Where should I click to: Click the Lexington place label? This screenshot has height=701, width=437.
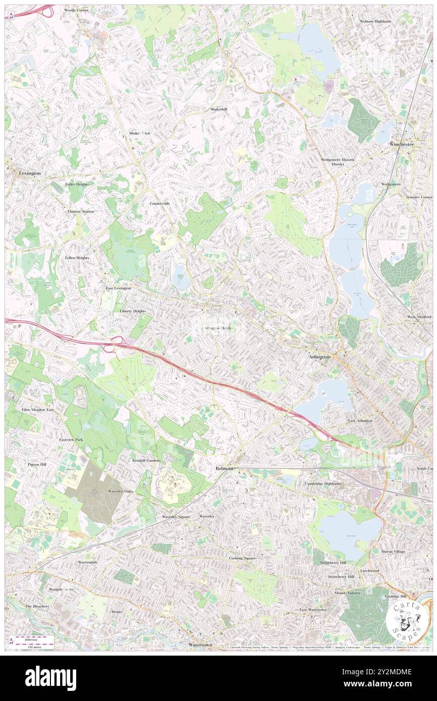[29, 173]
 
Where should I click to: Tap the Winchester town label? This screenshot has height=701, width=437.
[402, 144]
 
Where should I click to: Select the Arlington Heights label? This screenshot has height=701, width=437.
[219, 328]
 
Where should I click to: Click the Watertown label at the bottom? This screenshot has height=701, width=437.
[200, 645]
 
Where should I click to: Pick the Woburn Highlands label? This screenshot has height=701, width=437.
[375, 21]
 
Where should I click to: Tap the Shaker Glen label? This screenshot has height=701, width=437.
[139, 133]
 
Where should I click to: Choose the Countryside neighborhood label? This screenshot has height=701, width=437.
[159, 203]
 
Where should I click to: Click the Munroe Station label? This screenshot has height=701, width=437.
[81, 211]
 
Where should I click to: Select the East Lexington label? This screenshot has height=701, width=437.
[118, 288]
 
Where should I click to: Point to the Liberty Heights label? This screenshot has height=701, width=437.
[133, 311]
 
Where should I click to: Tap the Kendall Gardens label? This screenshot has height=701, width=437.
[146, 460]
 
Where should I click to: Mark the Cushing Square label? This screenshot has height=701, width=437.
[242, 558]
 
